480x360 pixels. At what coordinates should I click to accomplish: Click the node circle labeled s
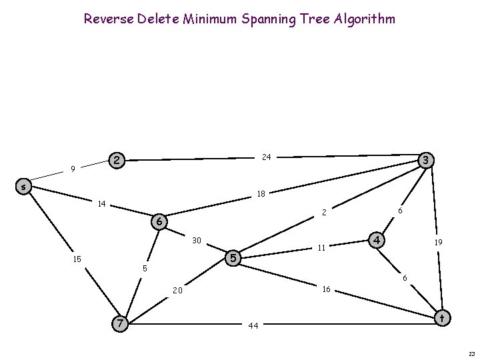pyautogui.click(x=23, y=187)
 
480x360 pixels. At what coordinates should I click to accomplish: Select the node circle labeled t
pyautogui.click(x=441, y=318)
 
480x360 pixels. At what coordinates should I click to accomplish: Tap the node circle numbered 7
pyautogui.click(x=119, y=323)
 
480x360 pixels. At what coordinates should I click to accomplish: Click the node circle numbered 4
pyautogui.click(x=377, y=239)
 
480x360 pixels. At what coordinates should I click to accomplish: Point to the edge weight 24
pyautogui.click(x=266, y=157)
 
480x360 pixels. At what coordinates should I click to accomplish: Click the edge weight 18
pyautogui.click(x=261, y=194)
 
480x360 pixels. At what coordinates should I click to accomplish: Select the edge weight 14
pyautogui.click(x=102, y=203)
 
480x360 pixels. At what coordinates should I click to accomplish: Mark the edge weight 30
pyautogui.click(x=197, y=240)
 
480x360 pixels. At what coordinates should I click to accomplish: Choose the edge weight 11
pyautogui.click(x=321, y=247)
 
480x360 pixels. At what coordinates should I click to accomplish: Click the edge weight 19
pyautogui.click(x=439, y=244)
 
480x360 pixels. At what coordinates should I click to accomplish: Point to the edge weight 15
pyautogui.click(x=78, y=259)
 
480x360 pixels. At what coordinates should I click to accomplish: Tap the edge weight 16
pyautogui.click(x=326, y=289)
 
